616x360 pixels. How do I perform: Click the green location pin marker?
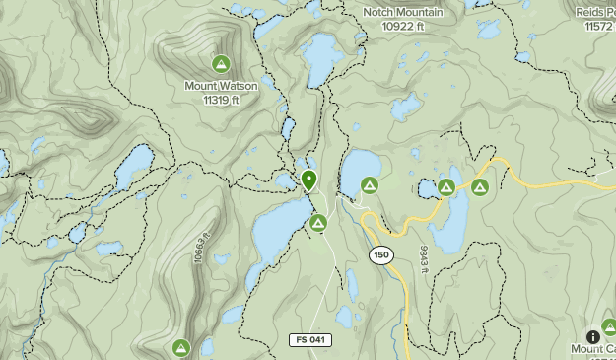(308, 180)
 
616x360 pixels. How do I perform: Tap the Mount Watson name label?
(221, 86)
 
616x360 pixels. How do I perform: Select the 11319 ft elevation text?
(221, 99)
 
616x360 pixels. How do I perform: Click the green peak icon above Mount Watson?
(222, 65)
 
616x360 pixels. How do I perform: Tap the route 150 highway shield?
(381, 255)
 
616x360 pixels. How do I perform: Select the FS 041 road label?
(310, 339)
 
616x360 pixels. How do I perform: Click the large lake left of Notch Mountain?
(320, 59)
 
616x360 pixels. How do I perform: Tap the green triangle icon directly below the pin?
(317, 224)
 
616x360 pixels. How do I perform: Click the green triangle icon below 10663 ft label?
(180, 347)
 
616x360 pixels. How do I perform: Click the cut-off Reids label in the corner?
(595, 11)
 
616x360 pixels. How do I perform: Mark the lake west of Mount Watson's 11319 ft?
(134, 169)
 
